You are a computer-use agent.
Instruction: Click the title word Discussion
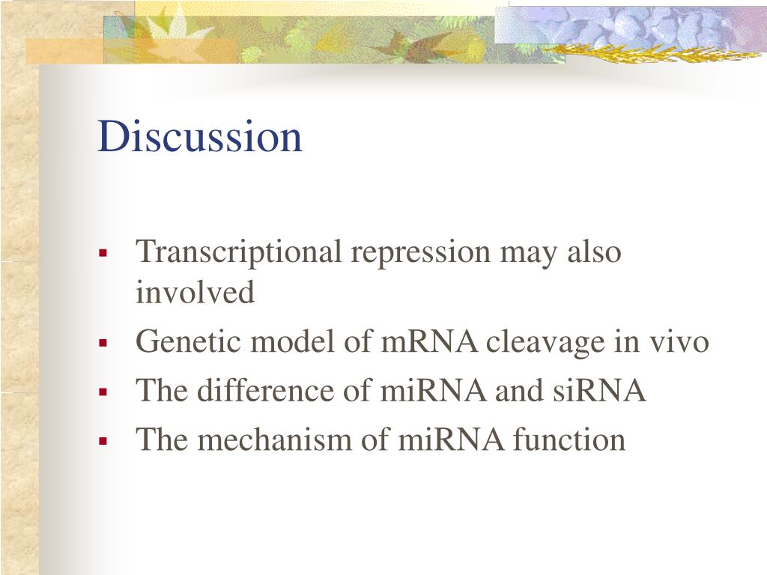[200, 137]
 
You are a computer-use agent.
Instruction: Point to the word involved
[195, 292]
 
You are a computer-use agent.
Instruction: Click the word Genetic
[188, 342]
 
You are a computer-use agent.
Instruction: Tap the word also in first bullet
[594, 252]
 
